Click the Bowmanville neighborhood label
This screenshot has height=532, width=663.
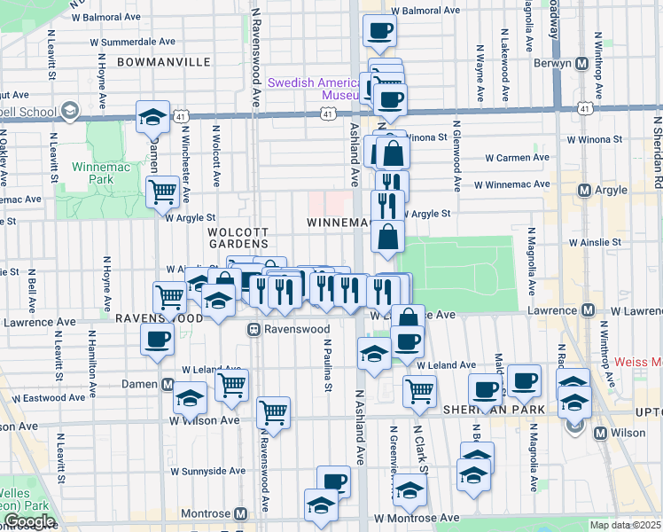(x=163, y=62)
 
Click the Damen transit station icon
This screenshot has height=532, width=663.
(x=168, y=384)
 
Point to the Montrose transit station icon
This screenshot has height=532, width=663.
(x=240, y=514)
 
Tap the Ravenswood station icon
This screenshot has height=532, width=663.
(x=253, y=329)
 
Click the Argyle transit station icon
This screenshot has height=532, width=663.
(x=584, y=191)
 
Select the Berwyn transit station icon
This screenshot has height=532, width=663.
(x=582, y=64)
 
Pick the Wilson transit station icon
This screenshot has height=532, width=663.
(x=601, y=434)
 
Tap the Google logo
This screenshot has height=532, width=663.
(x=29, y=521)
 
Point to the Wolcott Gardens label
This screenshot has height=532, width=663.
(x=238, y=237)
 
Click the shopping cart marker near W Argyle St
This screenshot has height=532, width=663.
(x=162, y=189)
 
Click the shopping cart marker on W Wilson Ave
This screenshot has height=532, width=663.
(x=273, y=412)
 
